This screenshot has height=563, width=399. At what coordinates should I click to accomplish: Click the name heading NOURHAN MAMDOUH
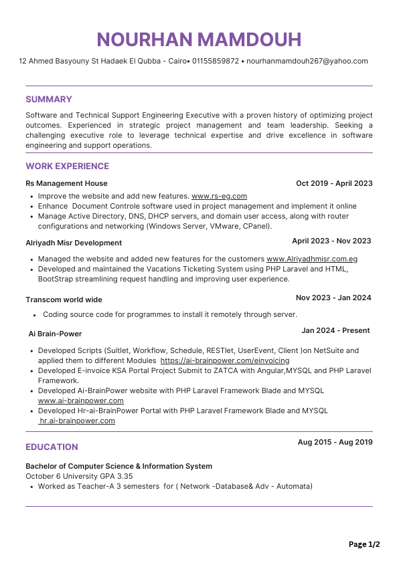click(199, 39)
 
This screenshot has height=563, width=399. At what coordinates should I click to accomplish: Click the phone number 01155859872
click(216, 61)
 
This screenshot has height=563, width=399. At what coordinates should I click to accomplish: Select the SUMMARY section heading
click(49, 99)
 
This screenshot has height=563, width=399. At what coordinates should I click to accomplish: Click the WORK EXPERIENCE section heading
click(67, 166)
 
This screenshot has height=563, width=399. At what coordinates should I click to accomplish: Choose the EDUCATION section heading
click(52, 447)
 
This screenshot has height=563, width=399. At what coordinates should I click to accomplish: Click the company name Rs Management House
click(66, 183)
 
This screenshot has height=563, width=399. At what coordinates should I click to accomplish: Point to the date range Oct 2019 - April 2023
click(334, 183)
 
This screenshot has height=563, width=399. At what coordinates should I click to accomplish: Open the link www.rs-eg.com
click(219, 196)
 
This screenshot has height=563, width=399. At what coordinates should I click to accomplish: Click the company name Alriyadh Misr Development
click(74, 243)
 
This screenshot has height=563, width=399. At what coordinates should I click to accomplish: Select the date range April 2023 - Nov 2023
click(331, 241)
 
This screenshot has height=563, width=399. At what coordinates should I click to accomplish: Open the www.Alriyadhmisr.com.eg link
click(312, 259)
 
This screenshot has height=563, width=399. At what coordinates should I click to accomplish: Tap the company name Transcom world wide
click(64, 300)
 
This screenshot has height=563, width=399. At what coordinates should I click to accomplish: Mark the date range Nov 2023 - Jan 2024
click(333, 298)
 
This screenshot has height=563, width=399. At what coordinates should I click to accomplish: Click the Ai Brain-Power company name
click(55, 334)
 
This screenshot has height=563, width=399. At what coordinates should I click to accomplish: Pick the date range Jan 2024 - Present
click(335, 330)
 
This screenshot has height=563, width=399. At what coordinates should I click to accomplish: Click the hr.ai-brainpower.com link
click(77, 421)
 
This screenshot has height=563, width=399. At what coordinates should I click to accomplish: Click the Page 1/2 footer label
click(364, 544)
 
